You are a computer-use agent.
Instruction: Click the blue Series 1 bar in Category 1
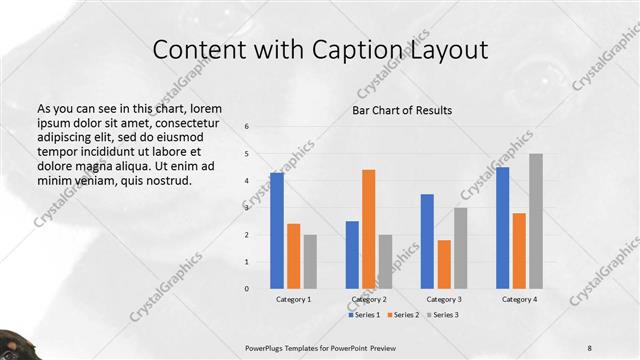coord(277,231)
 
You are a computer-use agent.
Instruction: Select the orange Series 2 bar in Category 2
coord(368,229)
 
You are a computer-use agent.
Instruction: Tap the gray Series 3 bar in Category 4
coord(536,221)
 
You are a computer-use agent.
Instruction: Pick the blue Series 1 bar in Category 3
coord(428,241)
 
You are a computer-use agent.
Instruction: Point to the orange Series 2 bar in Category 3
coord(444,264)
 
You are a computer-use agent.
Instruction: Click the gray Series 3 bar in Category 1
coord(310,261)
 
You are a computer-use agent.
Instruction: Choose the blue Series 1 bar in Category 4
coord(503,228)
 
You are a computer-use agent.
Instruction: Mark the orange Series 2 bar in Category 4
coord(519,250)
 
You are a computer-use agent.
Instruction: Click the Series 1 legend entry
coord(364,315)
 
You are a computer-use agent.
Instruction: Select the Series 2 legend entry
coord(404,315)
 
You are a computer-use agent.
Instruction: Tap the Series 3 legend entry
coord(443,315)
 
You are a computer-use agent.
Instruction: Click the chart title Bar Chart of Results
coord(402,110)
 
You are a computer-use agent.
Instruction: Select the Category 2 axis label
coord(368,299)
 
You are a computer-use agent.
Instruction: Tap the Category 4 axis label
coord(519,299)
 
